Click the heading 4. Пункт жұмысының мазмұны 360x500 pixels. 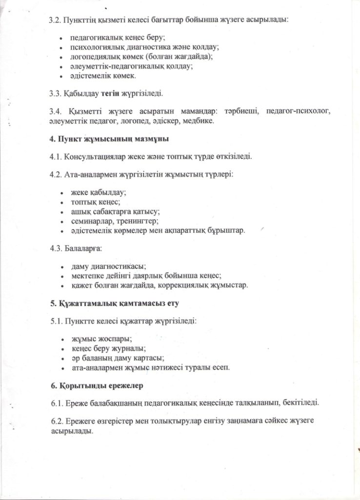(109, 139)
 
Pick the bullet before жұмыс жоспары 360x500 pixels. (61, 339)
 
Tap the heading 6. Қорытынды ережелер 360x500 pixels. (97, 385)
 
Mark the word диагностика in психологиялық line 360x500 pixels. (135, 47)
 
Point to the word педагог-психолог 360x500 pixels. (299, 111)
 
